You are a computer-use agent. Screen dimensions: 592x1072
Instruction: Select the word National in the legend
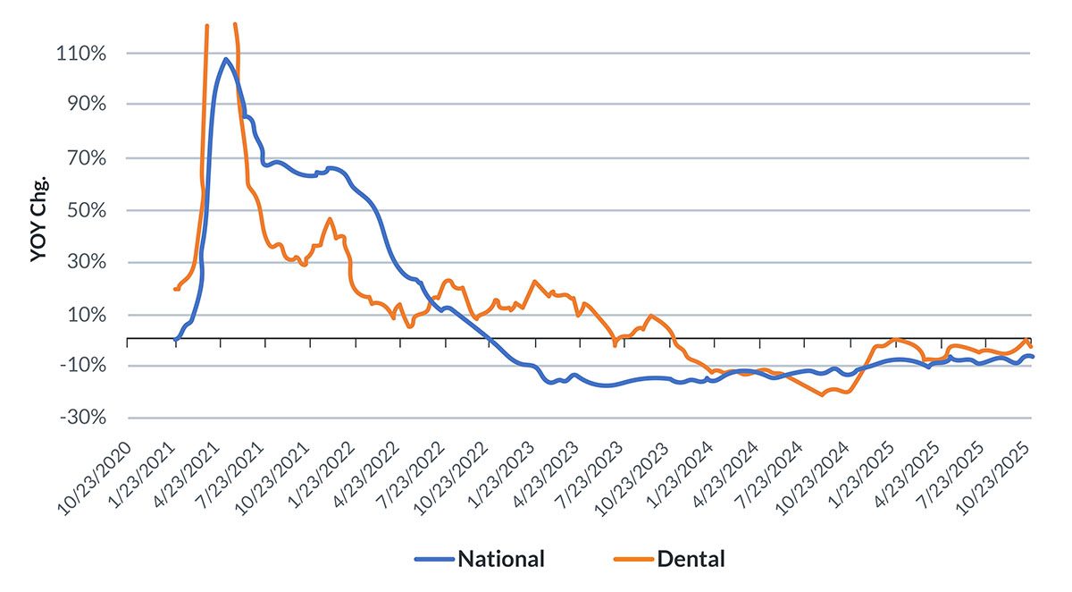pyautogui.click(x=500, y=560)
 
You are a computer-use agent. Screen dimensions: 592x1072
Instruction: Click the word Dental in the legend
pyautogui.click(x=691, y=560)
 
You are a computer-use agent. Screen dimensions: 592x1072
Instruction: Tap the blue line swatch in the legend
pyautogui.click(x=434, y=561)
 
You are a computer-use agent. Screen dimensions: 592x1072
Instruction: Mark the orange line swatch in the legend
pyautogui.click(x=633, y=561)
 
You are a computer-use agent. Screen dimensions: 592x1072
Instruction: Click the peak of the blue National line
pyautogui.click(x=225, y=59)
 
